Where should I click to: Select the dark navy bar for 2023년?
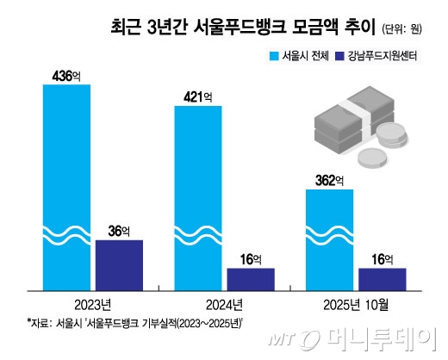click(119, 265)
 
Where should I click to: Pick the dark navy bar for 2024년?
click(251, 279)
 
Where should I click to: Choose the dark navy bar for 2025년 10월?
click(381, 279)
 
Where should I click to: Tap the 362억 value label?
click(329, 181)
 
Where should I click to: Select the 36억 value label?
click(118, 232)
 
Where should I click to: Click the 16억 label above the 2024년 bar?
click(251, 258)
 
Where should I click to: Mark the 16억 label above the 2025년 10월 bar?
click(381, 258)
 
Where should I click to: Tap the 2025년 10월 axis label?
click(354, 303)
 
